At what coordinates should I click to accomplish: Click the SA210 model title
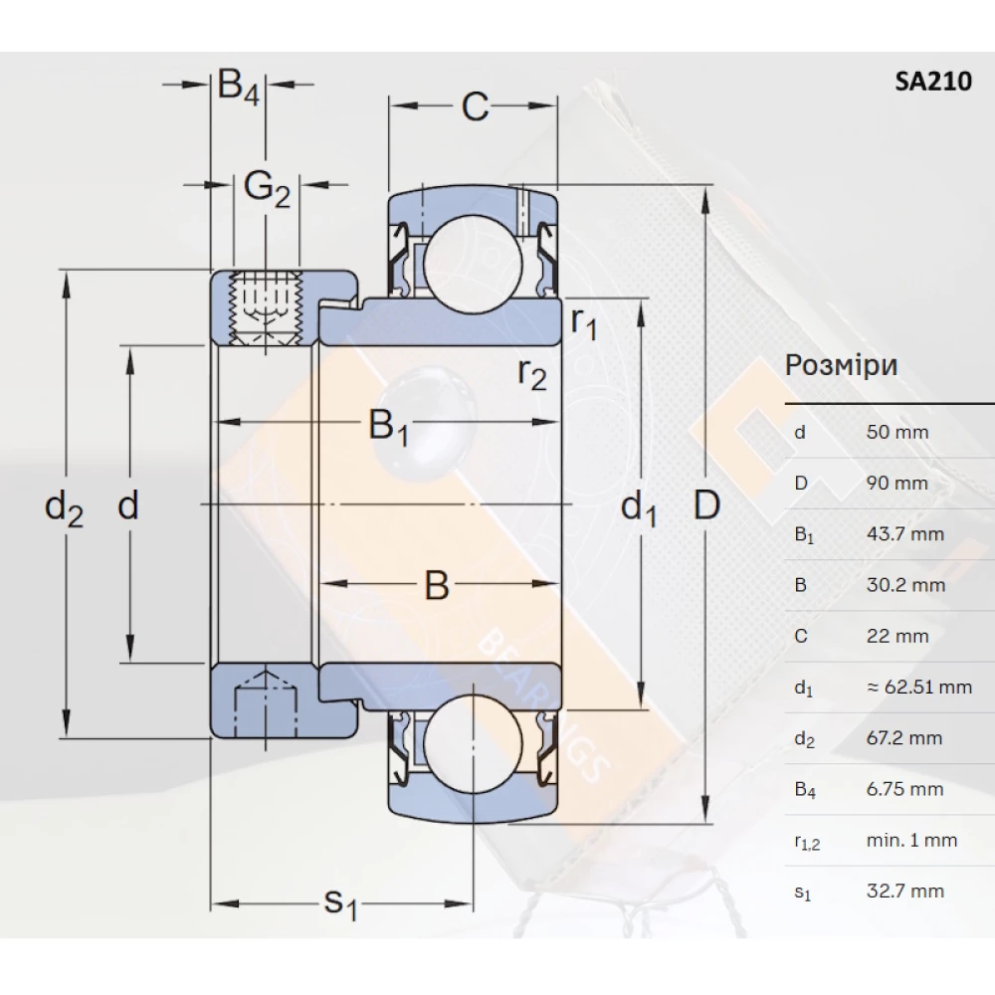tap(932, 83)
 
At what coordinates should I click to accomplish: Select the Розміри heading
tap(842, 365)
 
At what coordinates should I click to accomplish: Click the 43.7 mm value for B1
tap(904, 534)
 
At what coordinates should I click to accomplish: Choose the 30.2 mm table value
tap(904, 585)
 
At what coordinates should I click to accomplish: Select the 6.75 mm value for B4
tap(904, 790)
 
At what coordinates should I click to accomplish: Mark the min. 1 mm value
tap(911, 841)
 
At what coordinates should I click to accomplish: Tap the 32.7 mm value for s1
tap(904, 892)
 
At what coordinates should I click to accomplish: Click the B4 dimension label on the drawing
tap(238, 88)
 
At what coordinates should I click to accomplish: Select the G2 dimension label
tap(266, 186)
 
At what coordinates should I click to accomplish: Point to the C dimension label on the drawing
tap(475, 107)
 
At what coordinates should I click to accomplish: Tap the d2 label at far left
tap(64, 509)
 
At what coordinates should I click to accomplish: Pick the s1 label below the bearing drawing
tap(340, 904)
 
